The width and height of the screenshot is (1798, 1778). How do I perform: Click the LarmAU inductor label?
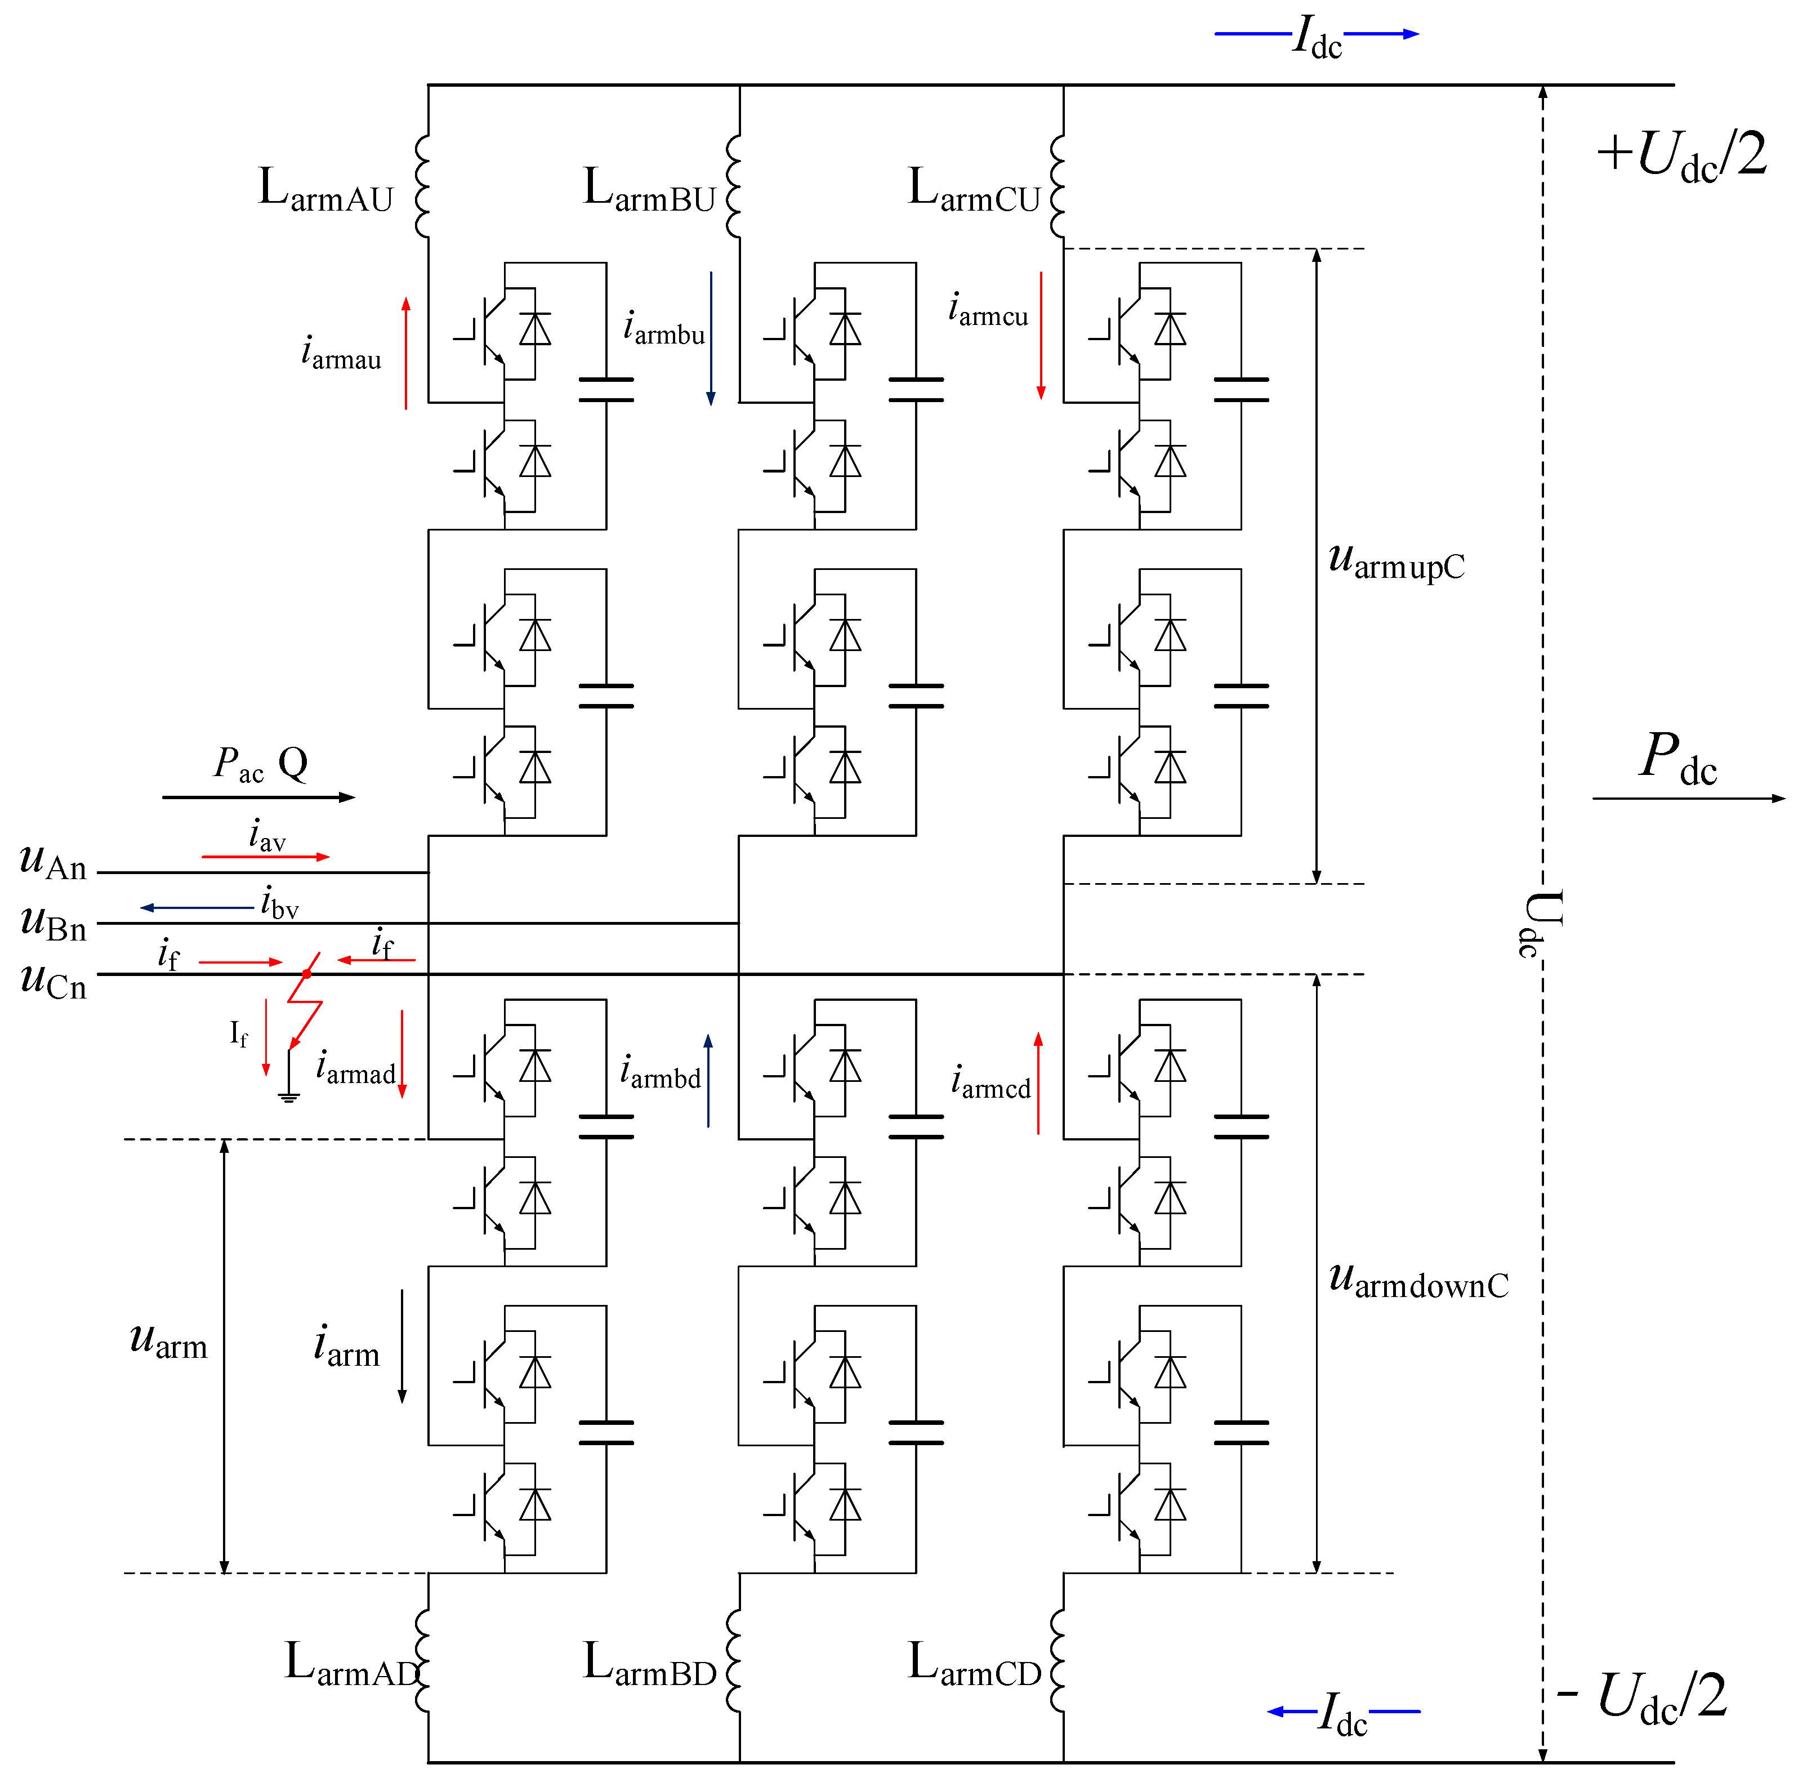tap(325, 191)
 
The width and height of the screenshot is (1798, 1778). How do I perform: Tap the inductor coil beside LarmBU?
tap(733, 186)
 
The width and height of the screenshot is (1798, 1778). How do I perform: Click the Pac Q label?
tap(261, 765)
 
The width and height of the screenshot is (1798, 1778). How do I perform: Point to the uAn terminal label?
tap(53, 862)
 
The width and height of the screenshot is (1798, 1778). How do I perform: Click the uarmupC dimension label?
tap(1396, 562)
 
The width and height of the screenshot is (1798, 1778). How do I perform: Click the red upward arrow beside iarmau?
tap(406, 354)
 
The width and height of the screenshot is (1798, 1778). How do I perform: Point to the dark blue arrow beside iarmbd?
tap(708, 1080)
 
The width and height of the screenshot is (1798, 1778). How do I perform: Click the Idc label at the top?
tap(1317, 39)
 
